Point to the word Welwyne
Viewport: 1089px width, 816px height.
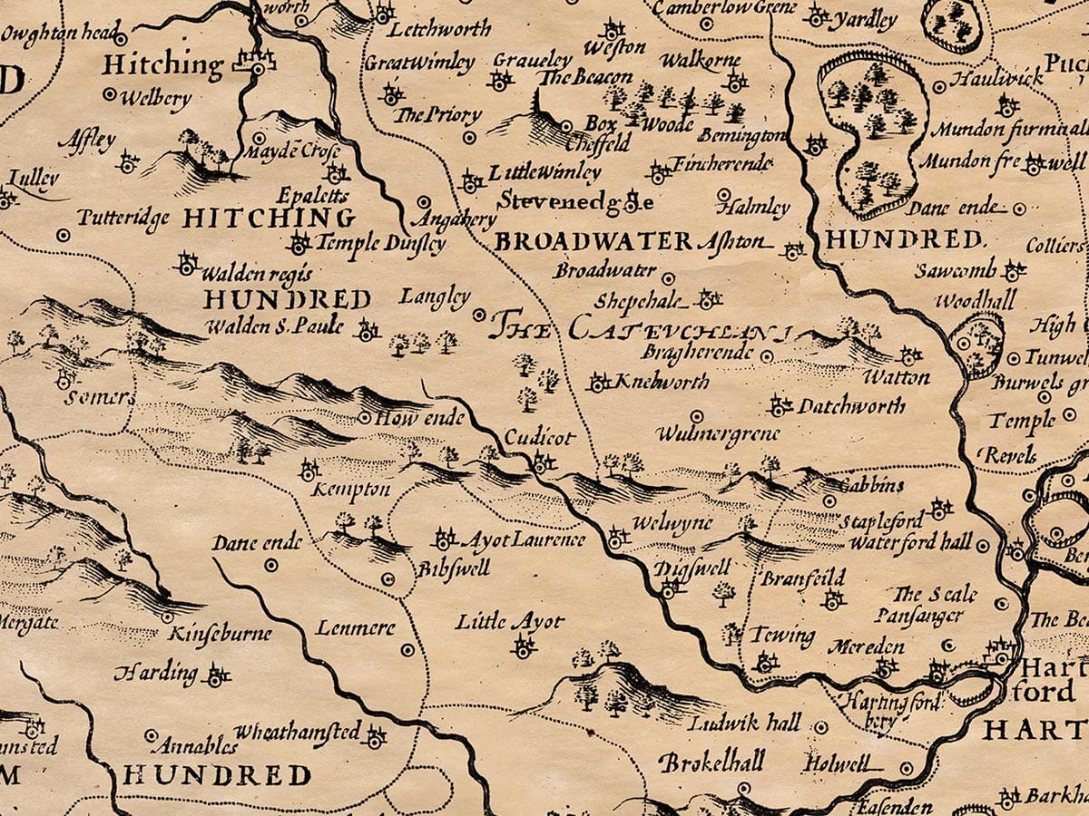(672, 525)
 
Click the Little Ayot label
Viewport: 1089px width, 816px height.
(509, 622)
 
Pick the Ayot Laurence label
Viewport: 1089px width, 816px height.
(524, 540)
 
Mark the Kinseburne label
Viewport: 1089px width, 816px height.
(221, 632)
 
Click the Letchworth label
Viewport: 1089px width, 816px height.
(440, 29)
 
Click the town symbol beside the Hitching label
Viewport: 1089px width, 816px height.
(254, 63)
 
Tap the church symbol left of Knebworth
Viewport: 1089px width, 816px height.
(598, 383)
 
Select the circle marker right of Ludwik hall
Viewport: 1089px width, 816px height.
(820, 727)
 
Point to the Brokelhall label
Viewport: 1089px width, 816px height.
(711, 761)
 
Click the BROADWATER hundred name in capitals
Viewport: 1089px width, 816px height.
(594, 241)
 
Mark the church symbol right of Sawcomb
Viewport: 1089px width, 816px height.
(1014, 270)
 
